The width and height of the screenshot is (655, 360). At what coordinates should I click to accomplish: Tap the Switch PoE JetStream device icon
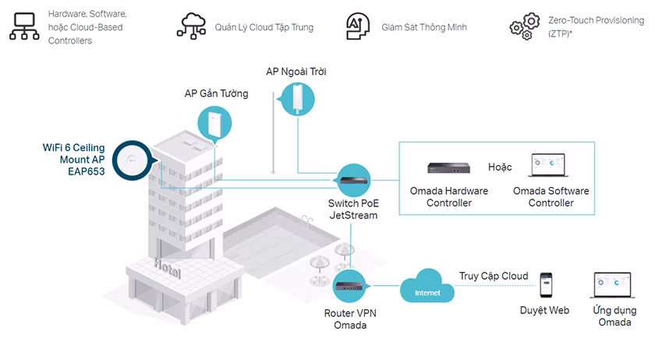(x=354, y=180)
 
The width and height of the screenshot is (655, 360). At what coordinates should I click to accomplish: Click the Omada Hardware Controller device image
(x=449, y=168)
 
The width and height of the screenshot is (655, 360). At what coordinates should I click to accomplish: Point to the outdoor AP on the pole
(x=298, y=99)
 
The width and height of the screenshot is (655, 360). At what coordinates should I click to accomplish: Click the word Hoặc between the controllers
(x=501, y=167)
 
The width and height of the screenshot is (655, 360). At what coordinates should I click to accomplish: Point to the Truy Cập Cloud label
(x=493, y=276)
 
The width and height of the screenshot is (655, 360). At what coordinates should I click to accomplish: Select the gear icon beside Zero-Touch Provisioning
(x=524, y=26)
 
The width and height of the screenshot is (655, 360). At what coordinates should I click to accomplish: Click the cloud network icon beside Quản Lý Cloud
(x=191, y=26)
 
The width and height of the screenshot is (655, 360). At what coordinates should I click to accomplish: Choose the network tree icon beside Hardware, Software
(x=23, y=26)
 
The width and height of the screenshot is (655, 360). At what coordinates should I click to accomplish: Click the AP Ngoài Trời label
(x=296, y=72)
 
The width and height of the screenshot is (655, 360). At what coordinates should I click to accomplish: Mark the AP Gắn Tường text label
(x=216, y=94)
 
